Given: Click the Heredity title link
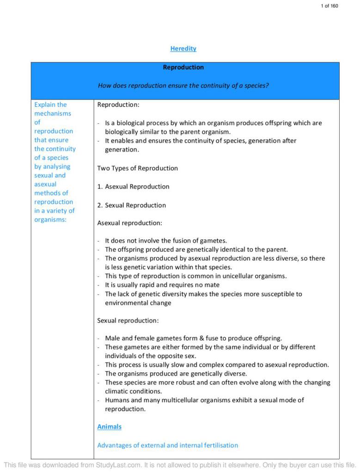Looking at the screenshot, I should [183, 49].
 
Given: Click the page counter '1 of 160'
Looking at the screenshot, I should [329, 6].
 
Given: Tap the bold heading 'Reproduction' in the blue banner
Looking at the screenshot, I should [183, 67].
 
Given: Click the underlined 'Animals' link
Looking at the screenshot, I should [109, 427].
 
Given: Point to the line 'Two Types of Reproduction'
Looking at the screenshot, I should [137, 168].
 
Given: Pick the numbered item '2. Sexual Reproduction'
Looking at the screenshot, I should [131, 205].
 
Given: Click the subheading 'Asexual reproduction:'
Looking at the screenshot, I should [129, 223].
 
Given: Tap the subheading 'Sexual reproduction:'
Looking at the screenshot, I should [128, 321].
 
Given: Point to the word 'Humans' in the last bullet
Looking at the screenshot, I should [116, 400].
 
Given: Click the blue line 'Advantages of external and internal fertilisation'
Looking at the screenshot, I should [167, 445].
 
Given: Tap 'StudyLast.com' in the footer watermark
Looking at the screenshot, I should [118, 465].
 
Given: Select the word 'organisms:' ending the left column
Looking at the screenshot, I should [50, 219].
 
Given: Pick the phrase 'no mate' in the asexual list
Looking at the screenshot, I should [207, 285].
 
